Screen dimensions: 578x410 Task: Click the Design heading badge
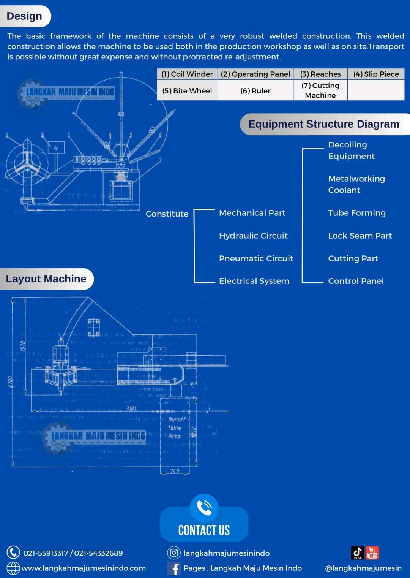pos(25,16)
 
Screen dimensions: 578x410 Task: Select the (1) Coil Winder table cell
pos(187,74)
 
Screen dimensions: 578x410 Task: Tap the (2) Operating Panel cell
pos(255,74)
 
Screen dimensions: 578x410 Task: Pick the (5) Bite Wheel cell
pos(187,91)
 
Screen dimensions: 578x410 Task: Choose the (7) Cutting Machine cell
pos(320,90)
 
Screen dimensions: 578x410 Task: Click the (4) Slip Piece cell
pos(376,74)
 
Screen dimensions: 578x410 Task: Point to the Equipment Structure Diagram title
pos(323,124)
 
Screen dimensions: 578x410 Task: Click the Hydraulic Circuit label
pos(253,236)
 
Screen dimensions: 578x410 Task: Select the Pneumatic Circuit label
pos(256,258)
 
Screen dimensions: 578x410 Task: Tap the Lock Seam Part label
pos(360,236)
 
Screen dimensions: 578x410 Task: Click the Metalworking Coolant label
pos(356,184)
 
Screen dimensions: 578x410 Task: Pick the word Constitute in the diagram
pos(167,214)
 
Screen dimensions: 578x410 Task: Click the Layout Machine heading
pos(46,279)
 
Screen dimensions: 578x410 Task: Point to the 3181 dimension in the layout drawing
pos(131,409)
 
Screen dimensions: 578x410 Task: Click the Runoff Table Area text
pos(176,428)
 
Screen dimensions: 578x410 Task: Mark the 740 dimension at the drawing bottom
pos(175,471)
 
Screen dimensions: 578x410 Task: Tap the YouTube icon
pos(372,553)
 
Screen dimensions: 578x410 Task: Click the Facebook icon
pos(174,568)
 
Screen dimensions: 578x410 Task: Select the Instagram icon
pos(174,553)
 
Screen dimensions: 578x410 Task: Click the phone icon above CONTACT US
pos(204,508)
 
